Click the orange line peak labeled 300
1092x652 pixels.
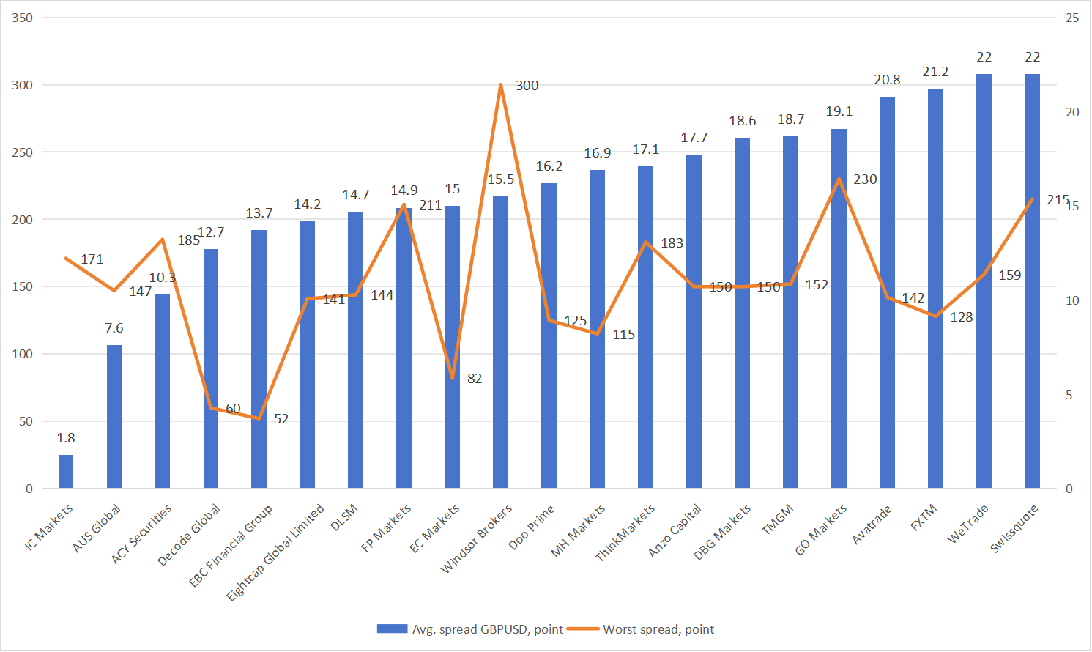point(501,85)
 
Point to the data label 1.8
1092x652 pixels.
point(66,438)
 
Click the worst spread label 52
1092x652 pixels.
point(281,419)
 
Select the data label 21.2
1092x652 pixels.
point(935,72)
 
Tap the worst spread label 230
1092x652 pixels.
point(865,179)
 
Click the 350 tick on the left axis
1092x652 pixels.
point(23,18)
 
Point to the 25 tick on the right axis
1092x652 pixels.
point(1072,18)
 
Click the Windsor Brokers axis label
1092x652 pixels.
point(477,538)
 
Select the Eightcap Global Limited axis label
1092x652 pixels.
point(275,552)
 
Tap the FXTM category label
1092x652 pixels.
point(924,519)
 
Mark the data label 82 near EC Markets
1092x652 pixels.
point(475,379)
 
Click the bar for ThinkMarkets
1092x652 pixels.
point(645,330)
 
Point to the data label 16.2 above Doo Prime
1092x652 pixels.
point(549,166)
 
